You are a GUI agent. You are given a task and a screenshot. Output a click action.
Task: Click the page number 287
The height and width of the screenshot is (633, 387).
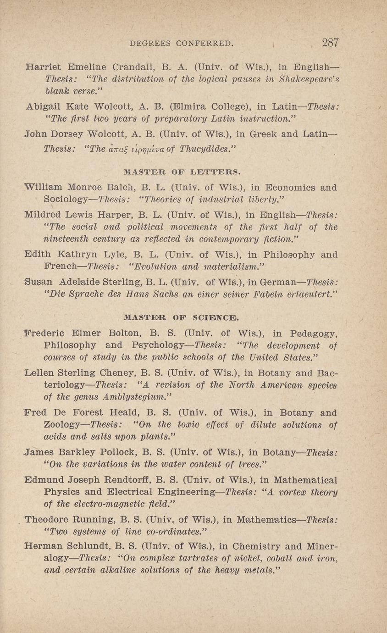[x=330, y=43]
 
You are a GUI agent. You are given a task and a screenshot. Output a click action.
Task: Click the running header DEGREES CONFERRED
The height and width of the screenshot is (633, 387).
[x=182, y=44]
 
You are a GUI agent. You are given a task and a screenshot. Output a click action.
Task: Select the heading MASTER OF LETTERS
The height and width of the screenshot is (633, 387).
[x=182, y=172]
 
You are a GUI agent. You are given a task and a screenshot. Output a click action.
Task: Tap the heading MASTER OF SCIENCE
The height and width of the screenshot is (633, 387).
[x=181, y=317]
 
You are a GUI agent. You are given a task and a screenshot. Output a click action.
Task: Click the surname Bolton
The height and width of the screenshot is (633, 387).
[x=126, y=333]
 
